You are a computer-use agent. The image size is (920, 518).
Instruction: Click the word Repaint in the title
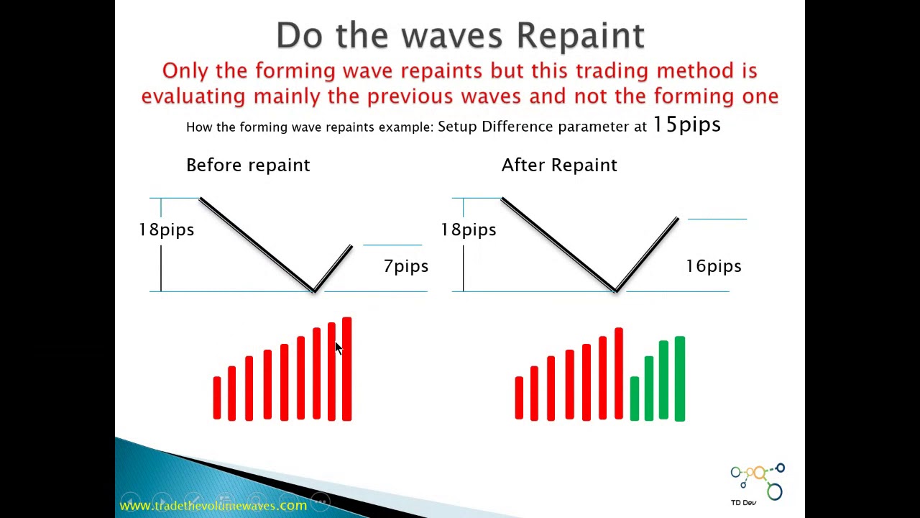pos(580,36)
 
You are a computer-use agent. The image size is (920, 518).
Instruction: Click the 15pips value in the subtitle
pos(686,125)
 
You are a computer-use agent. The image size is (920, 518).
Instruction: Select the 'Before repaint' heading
pos(248,165)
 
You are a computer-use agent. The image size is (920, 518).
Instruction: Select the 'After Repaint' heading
pos(558,165)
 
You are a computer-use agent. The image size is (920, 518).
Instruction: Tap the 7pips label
pos(405,266)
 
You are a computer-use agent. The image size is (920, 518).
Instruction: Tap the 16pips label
pos(713,266)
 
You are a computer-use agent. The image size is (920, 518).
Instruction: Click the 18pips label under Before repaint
pos(166,230)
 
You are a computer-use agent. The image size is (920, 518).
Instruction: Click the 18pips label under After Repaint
pos(468,230)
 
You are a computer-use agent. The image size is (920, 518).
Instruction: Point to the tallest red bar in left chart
pos(346,368)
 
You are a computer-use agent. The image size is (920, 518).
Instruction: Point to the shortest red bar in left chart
pos(216,397)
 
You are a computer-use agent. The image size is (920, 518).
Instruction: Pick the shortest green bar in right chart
pos(634,398)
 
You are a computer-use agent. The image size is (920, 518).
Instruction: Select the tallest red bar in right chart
pos(618,373)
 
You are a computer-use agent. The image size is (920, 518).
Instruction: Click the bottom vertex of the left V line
pos(314,290)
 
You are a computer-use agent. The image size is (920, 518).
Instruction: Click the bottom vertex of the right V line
pos(616,290)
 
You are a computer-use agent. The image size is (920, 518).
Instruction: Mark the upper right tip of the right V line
pos(676,219)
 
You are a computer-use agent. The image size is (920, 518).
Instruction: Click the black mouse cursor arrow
pos(339,348)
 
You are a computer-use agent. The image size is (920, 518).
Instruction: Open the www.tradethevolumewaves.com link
pos(213,506)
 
